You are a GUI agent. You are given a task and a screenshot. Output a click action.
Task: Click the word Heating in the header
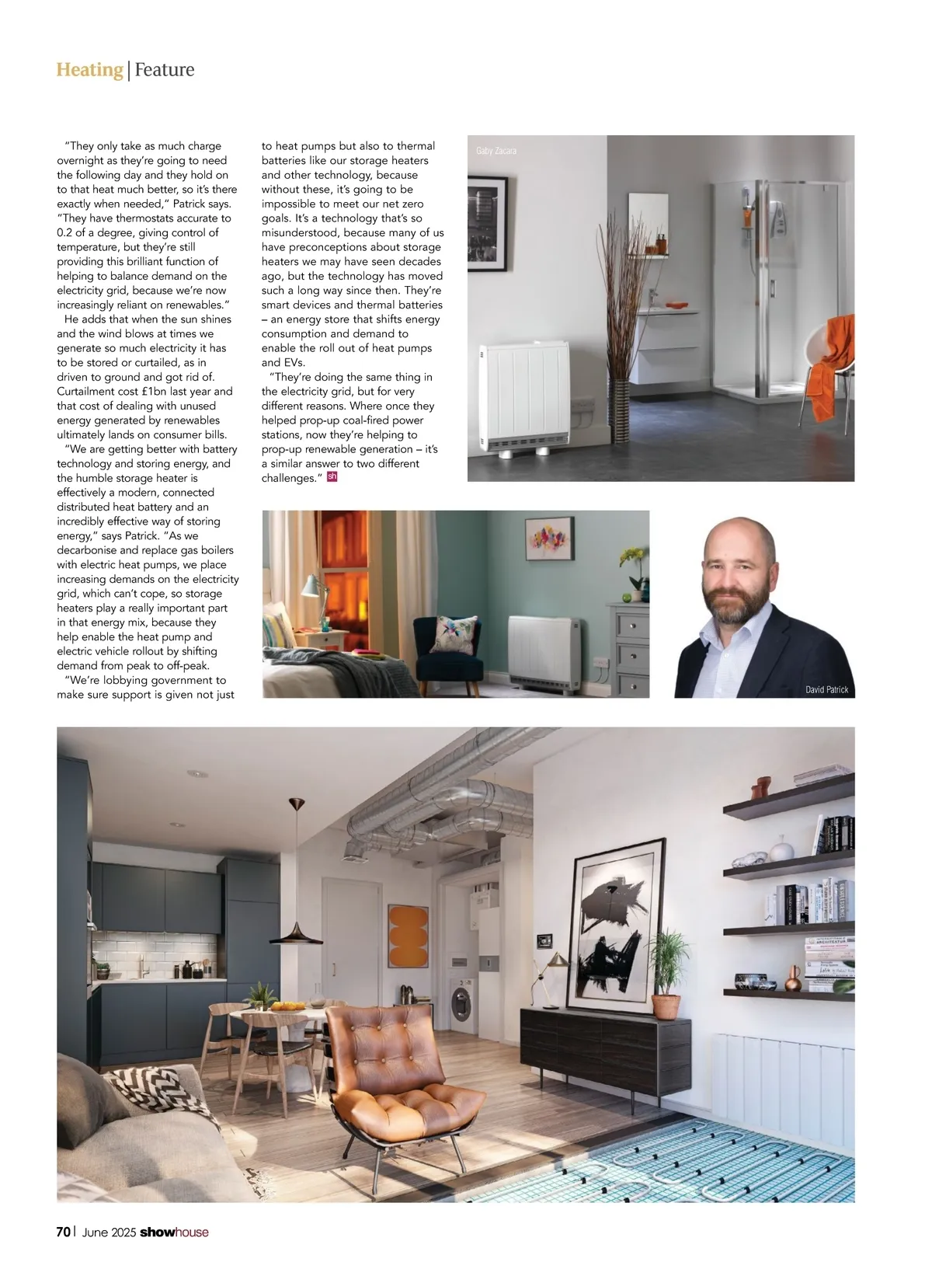point(89,70)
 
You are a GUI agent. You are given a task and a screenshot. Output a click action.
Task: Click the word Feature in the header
point(164,70)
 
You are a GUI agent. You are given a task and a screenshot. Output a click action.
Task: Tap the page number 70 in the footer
point(64,1232)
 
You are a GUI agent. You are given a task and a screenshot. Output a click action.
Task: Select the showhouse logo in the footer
point(174,1232)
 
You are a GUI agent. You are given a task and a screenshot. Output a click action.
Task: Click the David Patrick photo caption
point(826,689)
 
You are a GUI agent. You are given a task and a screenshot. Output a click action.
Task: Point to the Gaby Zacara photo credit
point(496,151)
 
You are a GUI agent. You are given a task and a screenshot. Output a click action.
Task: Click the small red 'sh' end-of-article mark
point(332,477)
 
